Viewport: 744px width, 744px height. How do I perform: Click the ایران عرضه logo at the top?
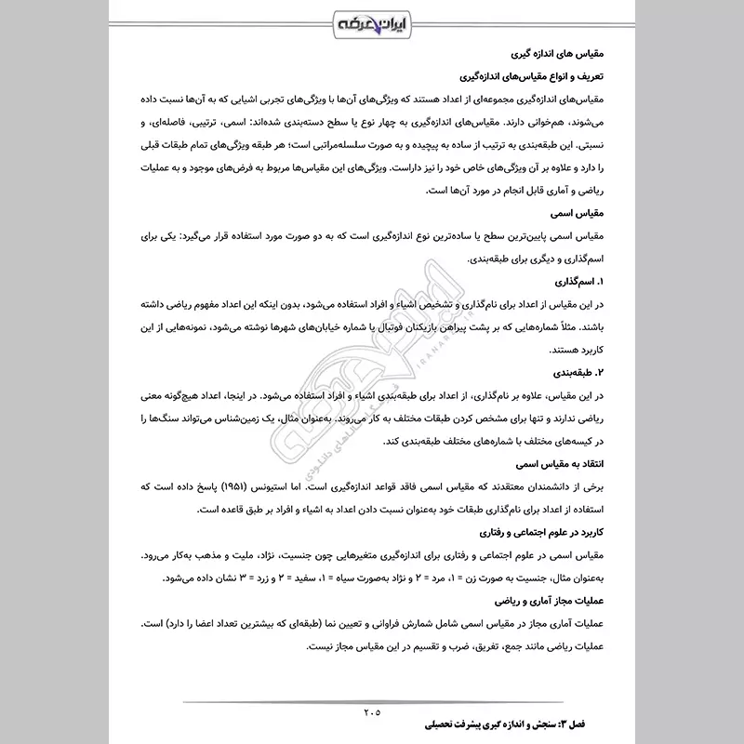point(372,20)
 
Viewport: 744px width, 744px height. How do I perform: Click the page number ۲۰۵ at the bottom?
point(372,712)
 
